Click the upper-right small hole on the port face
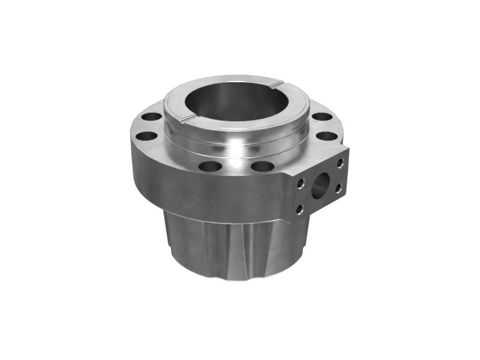coord(340,162)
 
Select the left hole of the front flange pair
coord(209,166)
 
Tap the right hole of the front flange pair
coord(262,166)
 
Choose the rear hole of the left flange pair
coord(151,116)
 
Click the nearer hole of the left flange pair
coord(145,136)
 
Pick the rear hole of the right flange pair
coord(322,116)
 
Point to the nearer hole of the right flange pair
coord(326,136)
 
